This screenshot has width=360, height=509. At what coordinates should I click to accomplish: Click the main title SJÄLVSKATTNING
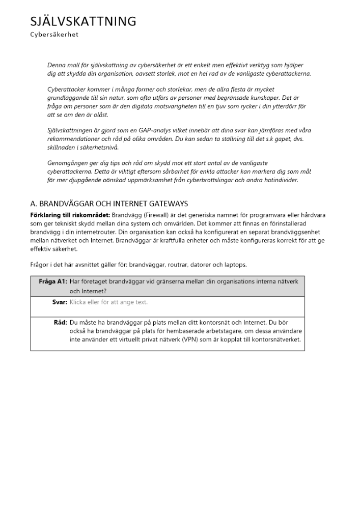tap(83, 21)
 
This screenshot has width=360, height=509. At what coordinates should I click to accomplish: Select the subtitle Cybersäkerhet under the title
tap(54, 35)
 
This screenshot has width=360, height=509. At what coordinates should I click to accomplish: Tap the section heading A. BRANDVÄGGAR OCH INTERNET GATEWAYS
tap(109, 204)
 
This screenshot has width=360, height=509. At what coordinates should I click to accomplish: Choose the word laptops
tap(235, 264)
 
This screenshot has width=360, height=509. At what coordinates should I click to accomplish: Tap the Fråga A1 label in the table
tap(52, 281)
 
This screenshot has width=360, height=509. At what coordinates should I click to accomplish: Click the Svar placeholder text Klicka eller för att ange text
tap(108, 302)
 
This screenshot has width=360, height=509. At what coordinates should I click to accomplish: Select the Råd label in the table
tap(60, 322)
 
